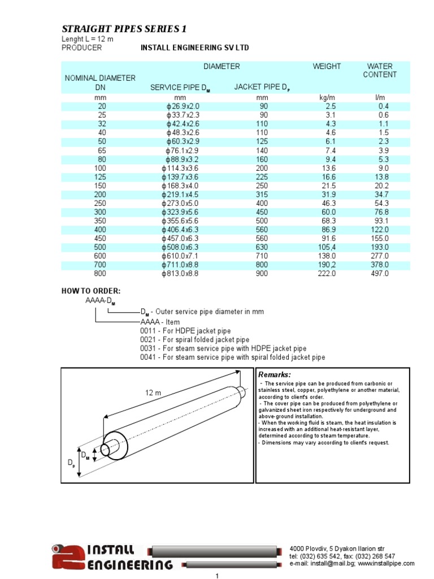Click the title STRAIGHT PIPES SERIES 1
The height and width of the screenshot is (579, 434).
123,29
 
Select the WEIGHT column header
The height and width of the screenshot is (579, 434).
327,66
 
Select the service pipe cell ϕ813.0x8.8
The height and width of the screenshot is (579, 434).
180,273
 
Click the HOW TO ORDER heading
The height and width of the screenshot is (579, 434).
90,291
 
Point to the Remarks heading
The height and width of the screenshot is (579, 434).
275,375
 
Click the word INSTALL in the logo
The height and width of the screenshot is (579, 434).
111,550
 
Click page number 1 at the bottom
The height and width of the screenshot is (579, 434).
217,576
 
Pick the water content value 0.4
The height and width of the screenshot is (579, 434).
384,106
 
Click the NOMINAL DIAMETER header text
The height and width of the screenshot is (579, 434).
100,78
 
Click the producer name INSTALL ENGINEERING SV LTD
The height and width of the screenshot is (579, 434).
194,48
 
